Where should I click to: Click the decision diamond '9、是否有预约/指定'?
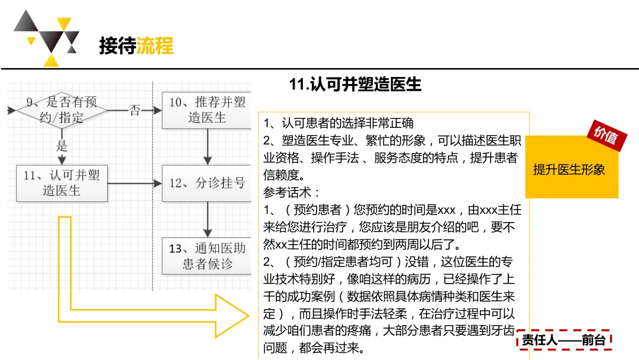[62, 110]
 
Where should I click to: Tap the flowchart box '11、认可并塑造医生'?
[62, 182]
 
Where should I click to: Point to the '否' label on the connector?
[135, 110]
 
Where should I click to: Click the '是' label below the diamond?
[62, 146]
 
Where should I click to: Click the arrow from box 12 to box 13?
[207, 219]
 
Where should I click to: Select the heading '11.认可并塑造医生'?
[355, 85]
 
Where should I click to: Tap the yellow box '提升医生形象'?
[569, 170]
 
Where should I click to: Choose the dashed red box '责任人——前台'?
[564, 340]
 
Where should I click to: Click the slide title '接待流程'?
[136, 46]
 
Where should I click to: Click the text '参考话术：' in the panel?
[292, 192]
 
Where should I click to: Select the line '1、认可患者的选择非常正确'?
[338, 123]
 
